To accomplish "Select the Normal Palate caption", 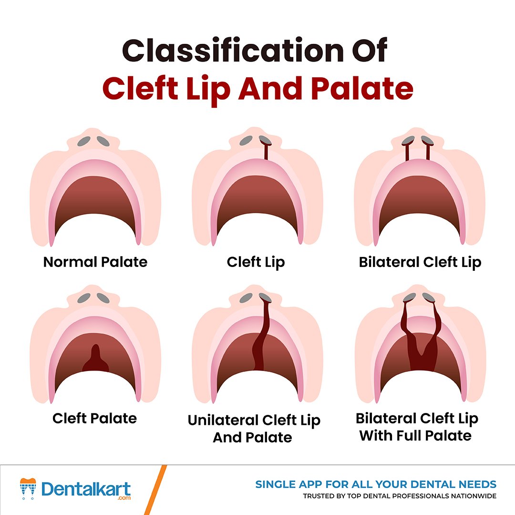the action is point(95,262).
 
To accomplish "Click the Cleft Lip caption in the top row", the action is point(256,262).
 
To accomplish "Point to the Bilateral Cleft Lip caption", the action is point(420,262).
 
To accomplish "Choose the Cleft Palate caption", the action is point(94,418).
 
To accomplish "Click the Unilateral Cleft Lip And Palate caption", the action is point(254,428).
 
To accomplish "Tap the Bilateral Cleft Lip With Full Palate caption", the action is point(416,427).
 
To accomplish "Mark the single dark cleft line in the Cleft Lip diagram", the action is point(265,152).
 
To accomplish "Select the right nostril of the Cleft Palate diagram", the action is point(104,298).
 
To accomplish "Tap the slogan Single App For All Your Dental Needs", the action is point(376,484).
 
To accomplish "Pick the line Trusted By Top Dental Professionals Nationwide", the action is point(400,496).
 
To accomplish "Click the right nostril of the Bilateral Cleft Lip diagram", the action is point(427,141).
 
